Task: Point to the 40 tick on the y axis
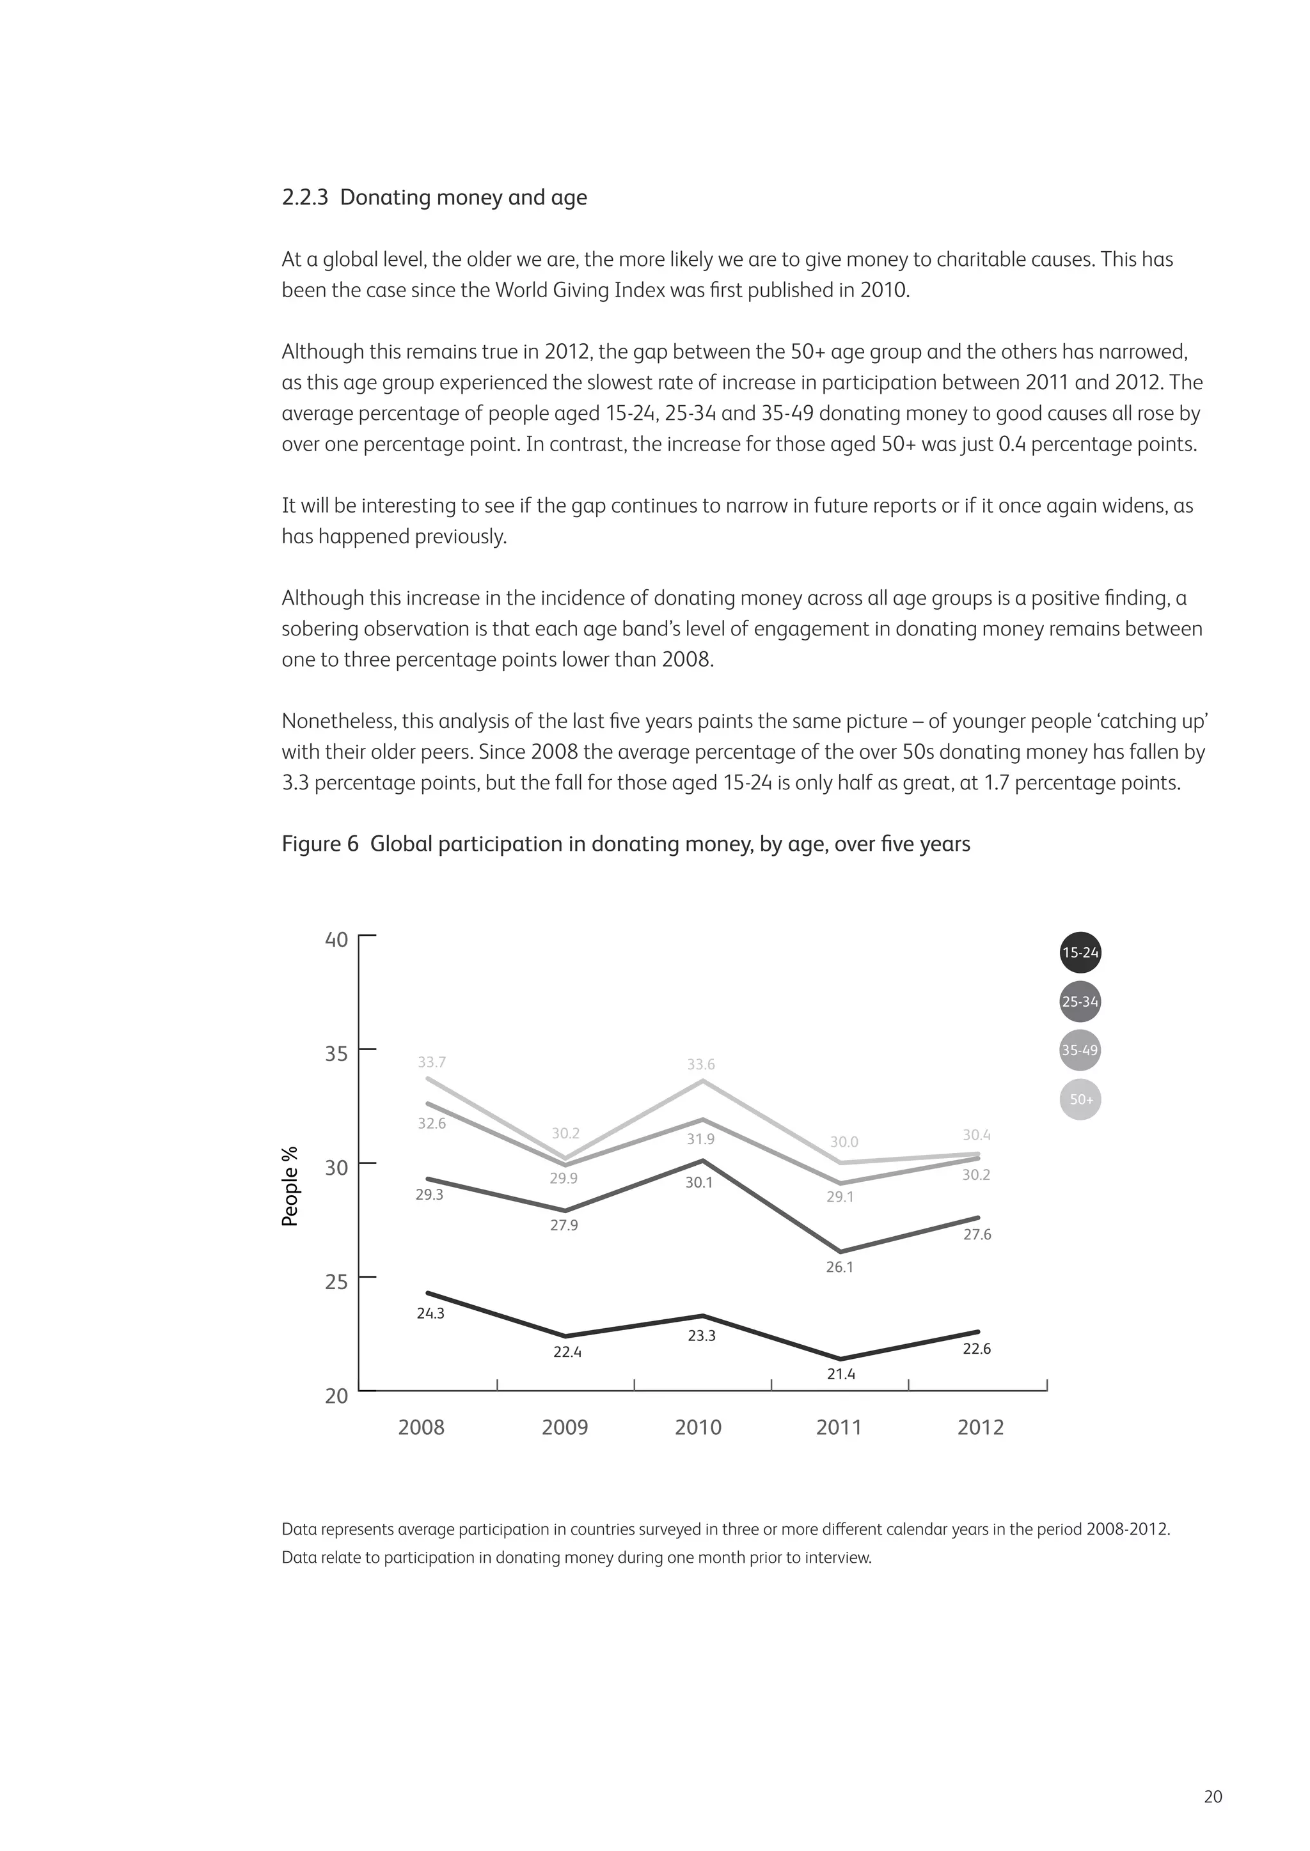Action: (336, 940)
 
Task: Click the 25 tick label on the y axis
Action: (336, 1282)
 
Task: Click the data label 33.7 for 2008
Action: (432, 1062)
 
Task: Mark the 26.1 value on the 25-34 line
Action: (839, 1267)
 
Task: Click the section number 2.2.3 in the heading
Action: (305, 197)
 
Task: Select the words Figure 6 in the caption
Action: (319, 844)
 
